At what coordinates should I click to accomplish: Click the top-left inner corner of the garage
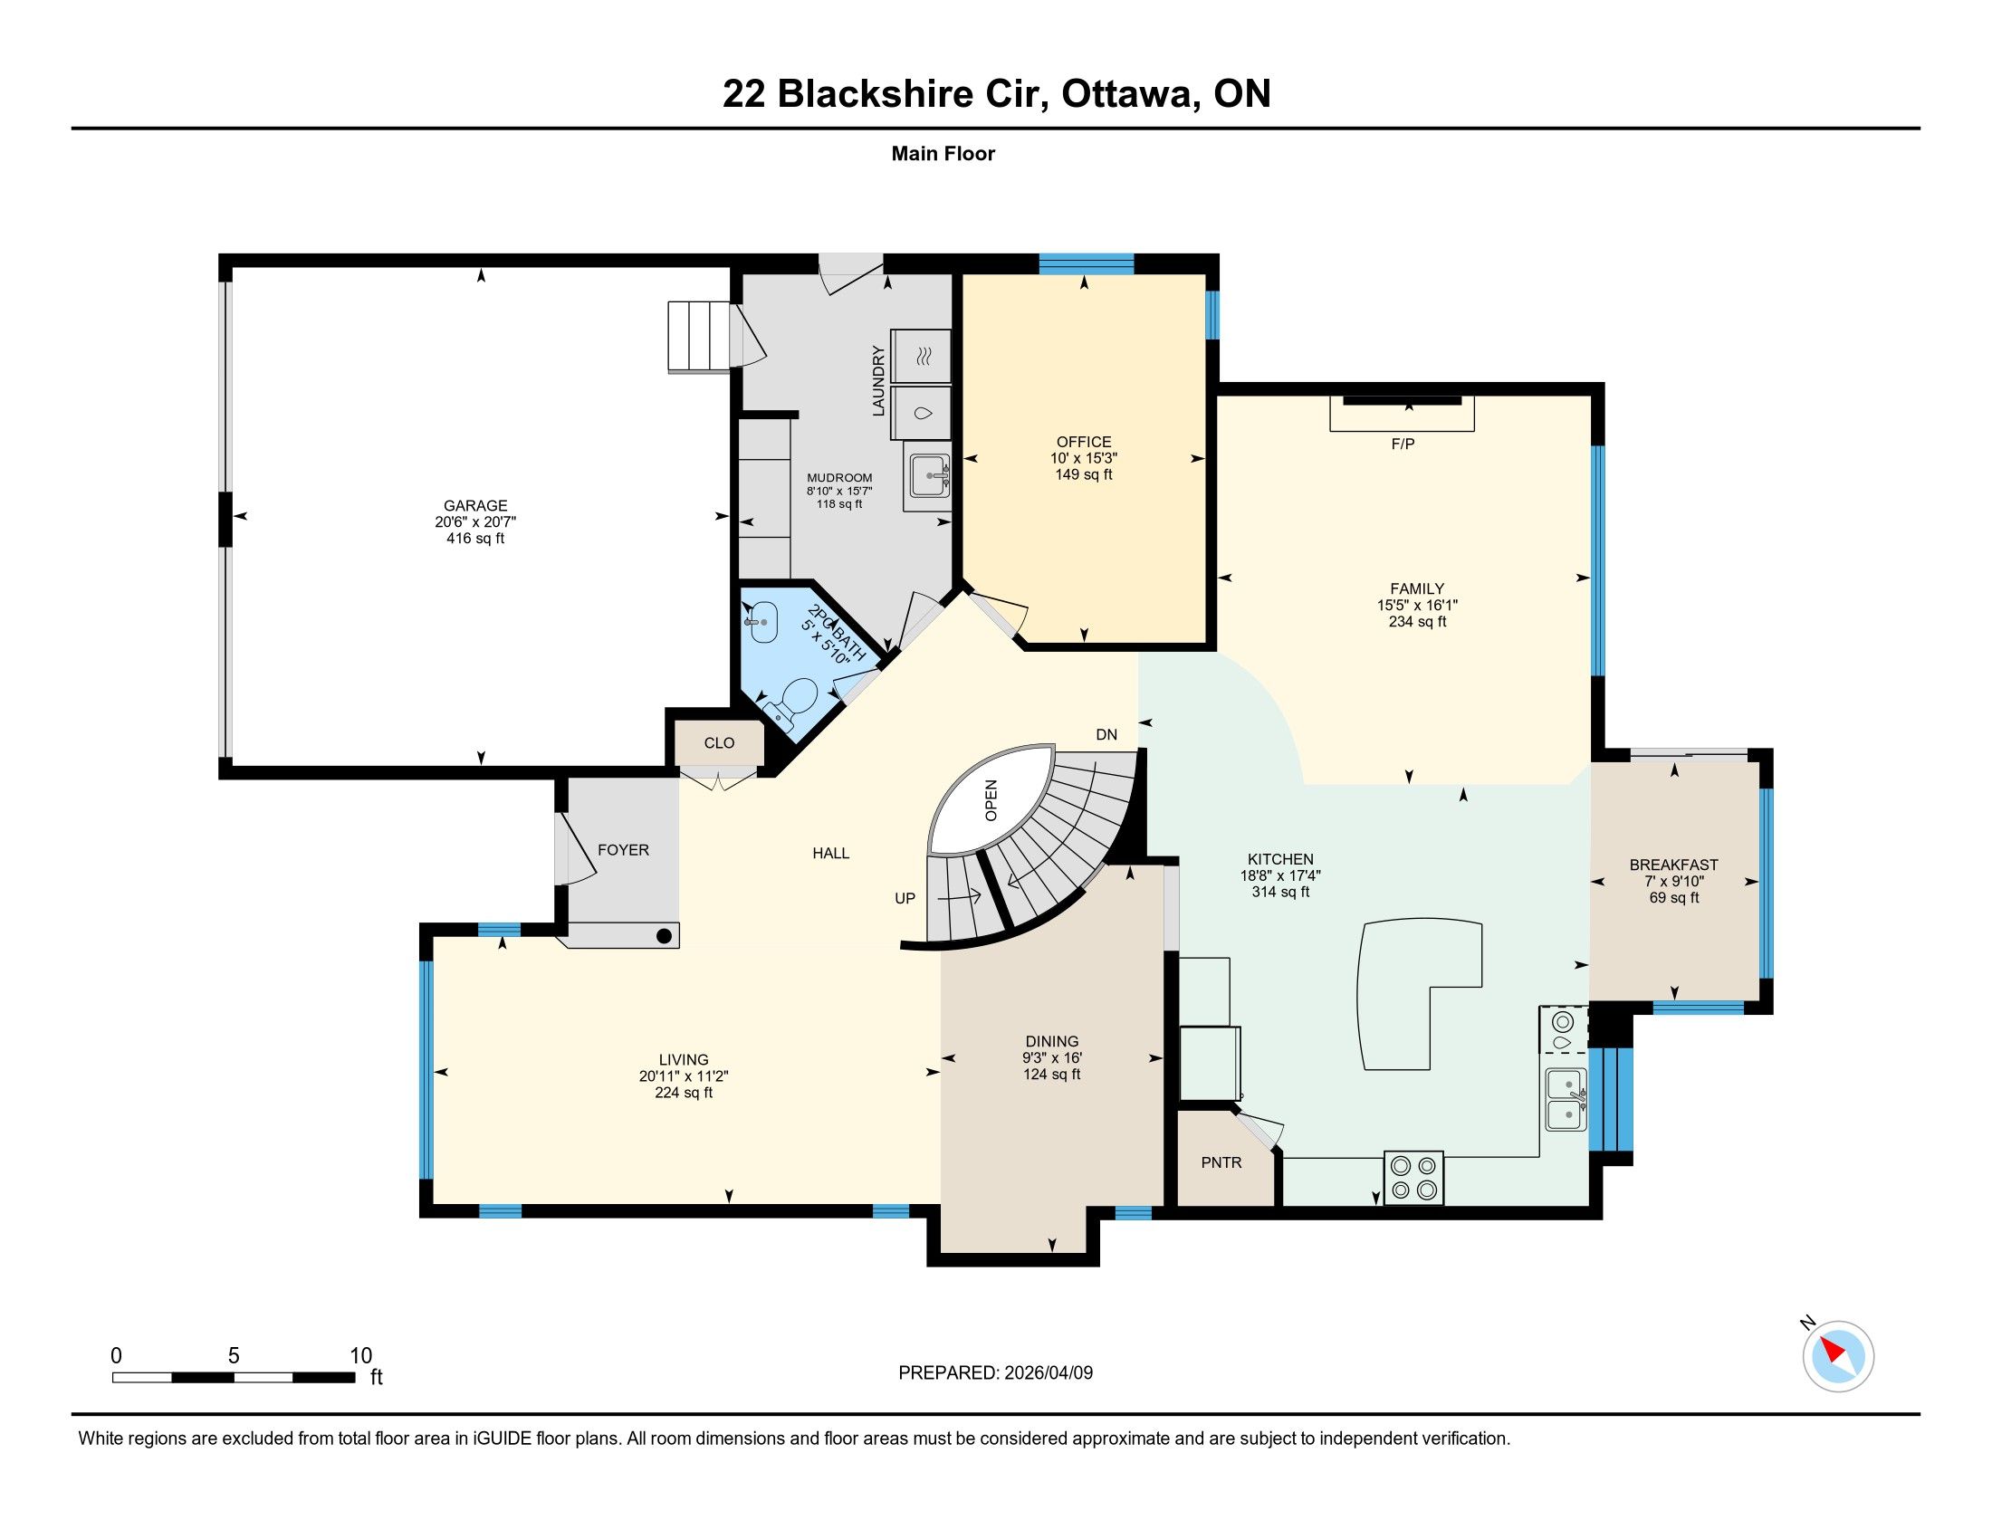pos(233,267)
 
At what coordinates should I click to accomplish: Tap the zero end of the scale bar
pos(113,1378)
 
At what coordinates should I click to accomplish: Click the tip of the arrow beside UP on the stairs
pos(981,895)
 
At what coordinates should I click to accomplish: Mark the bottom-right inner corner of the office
pos(1207,643)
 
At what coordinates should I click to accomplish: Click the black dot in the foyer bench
pos(665,936)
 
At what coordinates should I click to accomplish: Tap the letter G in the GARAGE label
pos(449,506)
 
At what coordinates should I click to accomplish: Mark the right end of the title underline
pos(1920,129)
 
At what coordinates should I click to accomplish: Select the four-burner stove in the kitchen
pos(1413,1178)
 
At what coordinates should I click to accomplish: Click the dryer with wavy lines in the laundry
pos(921,356)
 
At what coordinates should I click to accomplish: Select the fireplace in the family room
pos(1402,413)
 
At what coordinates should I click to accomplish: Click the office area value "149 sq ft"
pos(1084,475)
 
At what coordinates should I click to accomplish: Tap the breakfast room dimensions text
pos(1673,882)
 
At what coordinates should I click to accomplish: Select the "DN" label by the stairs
pos(1106,735)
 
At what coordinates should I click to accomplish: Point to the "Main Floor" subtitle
pos(943,154)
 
